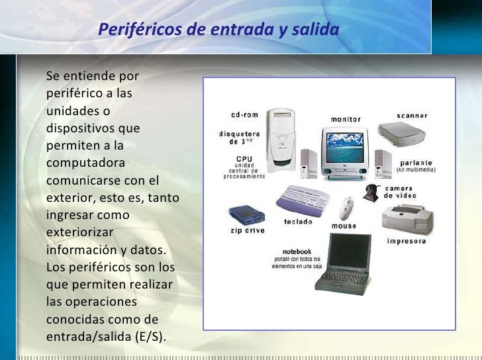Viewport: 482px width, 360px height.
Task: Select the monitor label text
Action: pos(346,119)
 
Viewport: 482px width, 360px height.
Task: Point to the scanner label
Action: pos(412,115)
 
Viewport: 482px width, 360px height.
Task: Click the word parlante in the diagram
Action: pos(415,162)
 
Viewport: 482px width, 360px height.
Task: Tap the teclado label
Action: pos(298,221)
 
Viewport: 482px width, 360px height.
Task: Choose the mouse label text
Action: pos(344,226)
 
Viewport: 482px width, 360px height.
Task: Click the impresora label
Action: pos(406,240)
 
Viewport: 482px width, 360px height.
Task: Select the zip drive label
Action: pos(246,230)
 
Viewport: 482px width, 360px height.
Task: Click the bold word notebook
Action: pos(297,251)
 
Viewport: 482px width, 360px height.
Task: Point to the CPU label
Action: pos(244,159)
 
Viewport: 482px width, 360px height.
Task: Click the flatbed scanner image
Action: pos(403,135)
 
